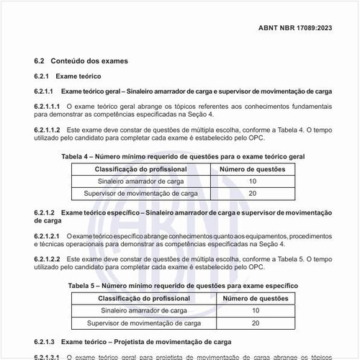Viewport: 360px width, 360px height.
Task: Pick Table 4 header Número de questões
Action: (252, 168)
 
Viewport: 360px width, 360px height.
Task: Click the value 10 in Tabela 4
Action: (252, 181)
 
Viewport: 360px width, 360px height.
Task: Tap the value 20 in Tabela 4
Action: (252, 194)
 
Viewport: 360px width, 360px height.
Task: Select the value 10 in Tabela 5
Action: (255, 310)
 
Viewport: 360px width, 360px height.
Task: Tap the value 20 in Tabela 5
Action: (255, 323)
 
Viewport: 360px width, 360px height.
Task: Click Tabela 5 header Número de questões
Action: (255, 297)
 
